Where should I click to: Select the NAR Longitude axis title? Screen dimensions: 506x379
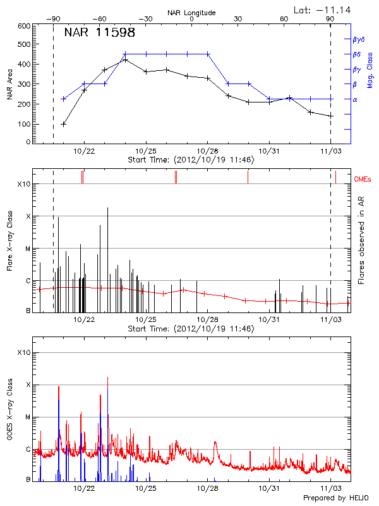click(x=191, y=12)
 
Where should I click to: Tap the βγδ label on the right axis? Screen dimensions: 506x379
click(x=359, y=39)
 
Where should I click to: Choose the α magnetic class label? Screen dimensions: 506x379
click(x=354, y=99)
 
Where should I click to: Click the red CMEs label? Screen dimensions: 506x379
click(x=364, y=180)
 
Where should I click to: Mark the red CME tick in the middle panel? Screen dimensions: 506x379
click(x=248, y=178)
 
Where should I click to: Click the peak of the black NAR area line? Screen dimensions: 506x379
click(x=125, y=60)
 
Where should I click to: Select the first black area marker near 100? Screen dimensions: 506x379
click(x=63, y=124)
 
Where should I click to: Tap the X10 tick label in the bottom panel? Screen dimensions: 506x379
click(x=23, y=352)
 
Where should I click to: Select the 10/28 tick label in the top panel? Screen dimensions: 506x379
click(x=207, y=151)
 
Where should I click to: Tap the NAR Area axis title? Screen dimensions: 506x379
click(x=9, y=85)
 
